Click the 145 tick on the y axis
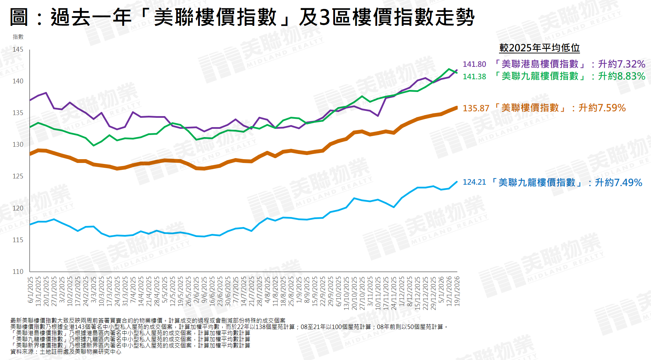pyautogui.click(x=18, y=50)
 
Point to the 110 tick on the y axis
pyautogui.click(x=18, y=271)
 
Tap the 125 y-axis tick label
pyautogui.click(x=18, y=176)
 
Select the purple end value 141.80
pyautogui.click(x=474, y=64)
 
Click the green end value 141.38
pyautogui.click(x=474, y=76)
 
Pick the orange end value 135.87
pyautogui.click(x=476, y=108)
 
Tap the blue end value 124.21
pyautogui.click(x=474, y=182)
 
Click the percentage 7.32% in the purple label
pyautogui.click(x=631, y=64)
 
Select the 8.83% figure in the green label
pyautogui.click(x=631, y=76)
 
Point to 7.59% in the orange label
pyautogui.click(x=611, y=108)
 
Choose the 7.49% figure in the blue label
pyautogui.click(x=628, y=183)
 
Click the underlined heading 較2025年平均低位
pyautogui.click(x=539, y=48)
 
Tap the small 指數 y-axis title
pyautogui.click(x=18, y=37)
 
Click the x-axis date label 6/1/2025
pyautogui.click(x=30, y=290)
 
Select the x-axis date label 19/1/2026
pyautogui.click(x=457, y=291)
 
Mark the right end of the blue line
pyautogui.click(x=457, y=182)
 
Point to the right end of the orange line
pyautogui.click(x=457, y=107)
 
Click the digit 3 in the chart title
pyautogui.click(x=325, y=17)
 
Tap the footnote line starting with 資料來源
pyautogui.click(x=66, y=352)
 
